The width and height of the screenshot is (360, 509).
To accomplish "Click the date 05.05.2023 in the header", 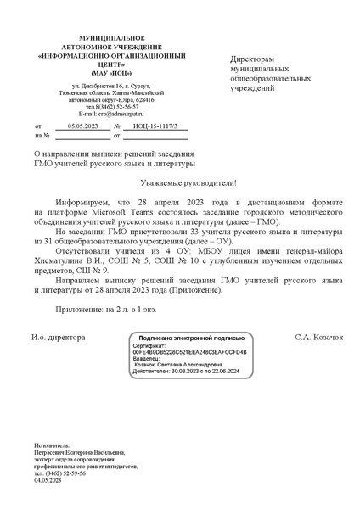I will pyautogui.click(x=82, y=125).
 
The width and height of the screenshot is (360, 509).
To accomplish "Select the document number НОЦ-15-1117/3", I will pyautogui.click(x=157, y=125).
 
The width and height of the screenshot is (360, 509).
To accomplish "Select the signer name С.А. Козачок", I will pyautogui.click(x=318, y=338).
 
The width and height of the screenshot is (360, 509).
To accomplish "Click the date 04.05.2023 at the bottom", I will pyautogui.click(x=48, y=481).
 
